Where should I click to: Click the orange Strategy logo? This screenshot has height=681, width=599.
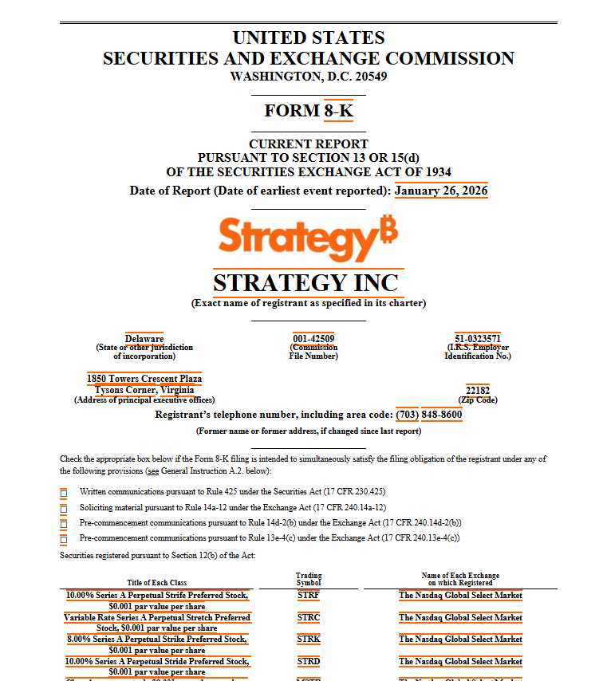[x=308, y=237]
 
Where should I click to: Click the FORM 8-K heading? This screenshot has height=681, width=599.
[x=308, y=111]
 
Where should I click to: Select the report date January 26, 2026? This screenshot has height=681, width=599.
[x=441, y=191]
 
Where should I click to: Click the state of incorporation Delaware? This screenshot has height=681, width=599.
[x=144, y=339]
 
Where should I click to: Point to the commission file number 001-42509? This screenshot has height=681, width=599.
[x=313, y=339]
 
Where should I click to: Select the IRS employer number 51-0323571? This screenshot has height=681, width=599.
[x=477, y=339]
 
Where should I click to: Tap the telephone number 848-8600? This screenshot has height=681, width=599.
[x=441, y=415]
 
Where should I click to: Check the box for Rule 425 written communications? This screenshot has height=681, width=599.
[x=64, y=493]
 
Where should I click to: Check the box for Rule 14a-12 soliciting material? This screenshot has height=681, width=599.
[x=64, y=508]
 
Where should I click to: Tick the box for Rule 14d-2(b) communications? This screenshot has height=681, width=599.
[x=64, y=523]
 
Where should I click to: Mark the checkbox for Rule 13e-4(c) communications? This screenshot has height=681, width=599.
[x=64, y=538]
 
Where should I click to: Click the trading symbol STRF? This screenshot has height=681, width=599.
[x=309, y=595]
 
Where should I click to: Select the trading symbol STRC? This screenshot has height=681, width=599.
[x=309, y=617]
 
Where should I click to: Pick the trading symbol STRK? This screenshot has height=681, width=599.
[x=309, y=639]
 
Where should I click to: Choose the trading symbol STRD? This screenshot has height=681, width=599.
[x=309, y=661]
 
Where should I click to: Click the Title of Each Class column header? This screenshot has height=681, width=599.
[x=156, y=583]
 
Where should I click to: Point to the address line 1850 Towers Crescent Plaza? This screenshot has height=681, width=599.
[x=144, y=379]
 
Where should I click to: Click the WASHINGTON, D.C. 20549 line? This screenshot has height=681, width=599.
[x=308, y=77]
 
